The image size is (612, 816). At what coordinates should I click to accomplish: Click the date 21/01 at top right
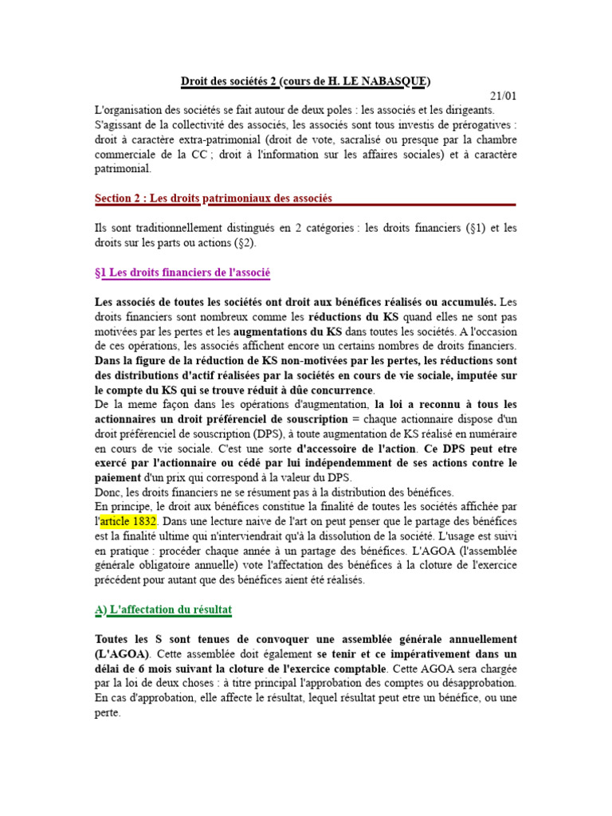point(504,96)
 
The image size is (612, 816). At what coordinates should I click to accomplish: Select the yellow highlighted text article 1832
point(128,520)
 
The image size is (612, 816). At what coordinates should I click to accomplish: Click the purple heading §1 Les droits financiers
point(182,273)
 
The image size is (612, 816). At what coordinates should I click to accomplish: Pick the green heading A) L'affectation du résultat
point(163,610)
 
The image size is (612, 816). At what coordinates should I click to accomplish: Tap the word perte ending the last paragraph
point(107,713)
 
